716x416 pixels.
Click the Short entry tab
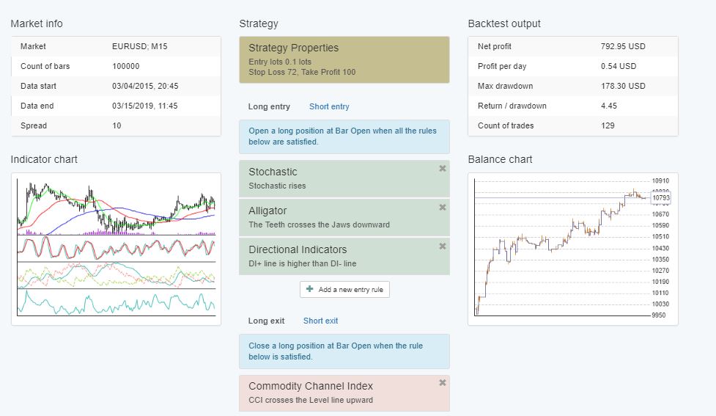[329, 106]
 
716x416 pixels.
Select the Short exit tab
[320, 321]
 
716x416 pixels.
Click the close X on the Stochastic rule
[442, 169]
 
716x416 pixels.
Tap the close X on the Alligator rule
[442, 208]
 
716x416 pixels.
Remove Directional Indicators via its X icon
[442, 247]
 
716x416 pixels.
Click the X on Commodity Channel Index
[442, 383]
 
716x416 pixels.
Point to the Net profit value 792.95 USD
[623, 46]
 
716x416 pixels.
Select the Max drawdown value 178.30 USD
[623, 86]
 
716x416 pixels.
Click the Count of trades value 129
[608, 125]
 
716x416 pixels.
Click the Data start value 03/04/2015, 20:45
[145, 86]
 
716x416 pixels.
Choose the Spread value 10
[117, 125]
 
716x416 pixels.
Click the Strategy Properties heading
[293, 48]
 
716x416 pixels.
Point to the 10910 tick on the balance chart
[660, 180]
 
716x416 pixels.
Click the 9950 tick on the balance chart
[659, 315]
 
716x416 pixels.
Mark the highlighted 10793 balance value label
[660, 198]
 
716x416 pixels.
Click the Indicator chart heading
[44, 159]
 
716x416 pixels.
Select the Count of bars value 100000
[126, 66]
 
